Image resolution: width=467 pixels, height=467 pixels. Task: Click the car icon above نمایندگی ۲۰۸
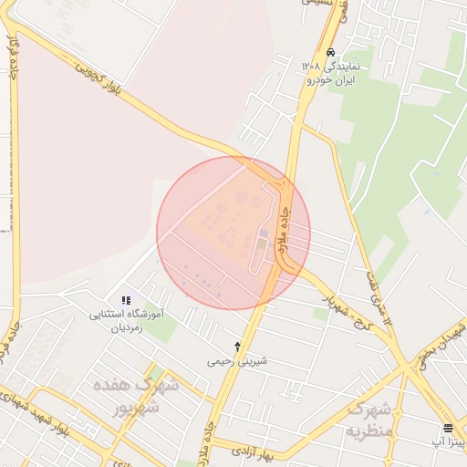tap(330, 53)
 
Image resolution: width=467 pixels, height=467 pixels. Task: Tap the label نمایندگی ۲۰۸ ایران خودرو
tap(331, 73)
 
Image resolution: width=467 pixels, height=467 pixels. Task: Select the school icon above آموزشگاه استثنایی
tap(126, 300)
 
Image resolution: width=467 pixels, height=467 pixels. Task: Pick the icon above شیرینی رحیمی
tap(238, 347)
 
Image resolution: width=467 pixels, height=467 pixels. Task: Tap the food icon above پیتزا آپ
tap(448, 427)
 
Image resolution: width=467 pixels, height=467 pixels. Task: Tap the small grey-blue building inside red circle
tap(264, 233)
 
